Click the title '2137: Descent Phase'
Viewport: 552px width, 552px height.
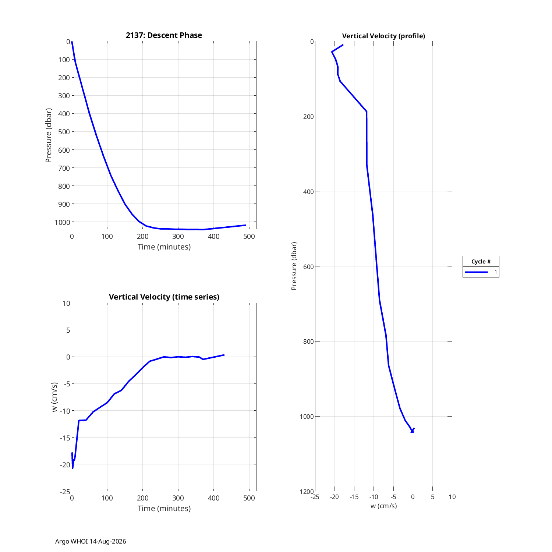pyautogui.click(x=164, y=35)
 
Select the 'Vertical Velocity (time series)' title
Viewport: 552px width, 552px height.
pyautogui.click(x=164, y=297)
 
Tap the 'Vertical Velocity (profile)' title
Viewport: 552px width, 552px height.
pyautogui.click(x=383, y=36)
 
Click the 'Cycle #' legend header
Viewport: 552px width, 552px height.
pyautogui.click(x=481, y=262)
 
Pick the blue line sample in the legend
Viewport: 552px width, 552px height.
pyautogui.click(x=476, y=272)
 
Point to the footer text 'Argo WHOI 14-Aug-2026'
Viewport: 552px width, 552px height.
pyautogui.click(x=91, y=541)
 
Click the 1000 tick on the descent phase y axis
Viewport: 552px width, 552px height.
pyautogui.click(x=62, y=222)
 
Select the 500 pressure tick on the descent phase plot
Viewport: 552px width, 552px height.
pyautogui.click(x=64, y=132)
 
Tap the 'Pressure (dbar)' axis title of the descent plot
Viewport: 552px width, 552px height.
pyautogui.click(x=49, y=135)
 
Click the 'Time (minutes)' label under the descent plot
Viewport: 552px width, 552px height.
pyautogui.click(x=164, y=247)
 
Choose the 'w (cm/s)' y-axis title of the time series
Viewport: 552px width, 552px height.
pyautogui.click(x=55, y=397)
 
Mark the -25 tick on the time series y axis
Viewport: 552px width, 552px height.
pyautogui.click(x=65, y=492)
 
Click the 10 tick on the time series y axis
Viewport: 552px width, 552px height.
pyautogui.click(x=66, y=303)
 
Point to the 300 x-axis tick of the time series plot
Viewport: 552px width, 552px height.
pyautogui.click(x=178, y=498)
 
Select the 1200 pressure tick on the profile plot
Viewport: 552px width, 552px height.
pyautogui.click(x=307, y=492)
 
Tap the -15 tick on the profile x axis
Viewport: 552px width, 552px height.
pyautogui.click(x=354, y=497)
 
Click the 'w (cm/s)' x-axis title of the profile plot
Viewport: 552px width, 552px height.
pyautogui.click(x=384, y=506)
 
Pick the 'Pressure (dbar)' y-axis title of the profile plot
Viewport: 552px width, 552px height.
pyautogui.click(x=294, y=266)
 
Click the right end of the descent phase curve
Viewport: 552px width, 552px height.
pyautogui.click(x=245, y=225)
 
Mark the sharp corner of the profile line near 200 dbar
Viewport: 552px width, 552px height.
pyautogui.click(x=367, y=112)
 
